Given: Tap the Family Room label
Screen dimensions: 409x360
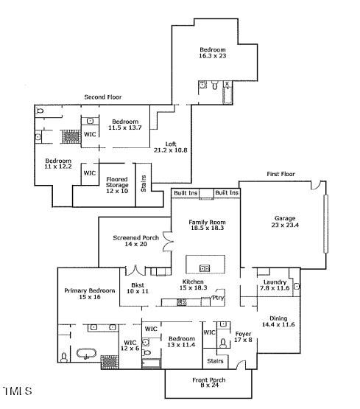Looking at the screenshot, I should [206, 226].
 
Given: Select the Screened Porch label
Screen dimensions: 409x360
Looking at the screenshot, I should [135, 241].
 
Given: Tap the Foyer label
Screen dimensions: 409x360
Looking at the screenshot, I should [243, 337].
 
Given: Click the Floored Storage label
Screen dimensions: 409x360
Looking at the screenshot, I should [118, 183].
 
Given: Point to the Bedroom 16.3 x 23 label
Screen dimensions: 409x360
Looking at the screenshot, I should [213, 52].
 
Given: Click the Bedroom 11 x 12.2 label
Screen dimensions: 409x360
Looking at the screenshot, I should [58, 164].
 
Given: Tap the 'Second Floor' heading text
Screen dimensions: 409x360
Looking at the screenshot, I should [102, 97].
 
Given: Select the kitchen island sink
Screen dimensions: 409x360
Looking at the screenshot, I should [205, 267].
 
